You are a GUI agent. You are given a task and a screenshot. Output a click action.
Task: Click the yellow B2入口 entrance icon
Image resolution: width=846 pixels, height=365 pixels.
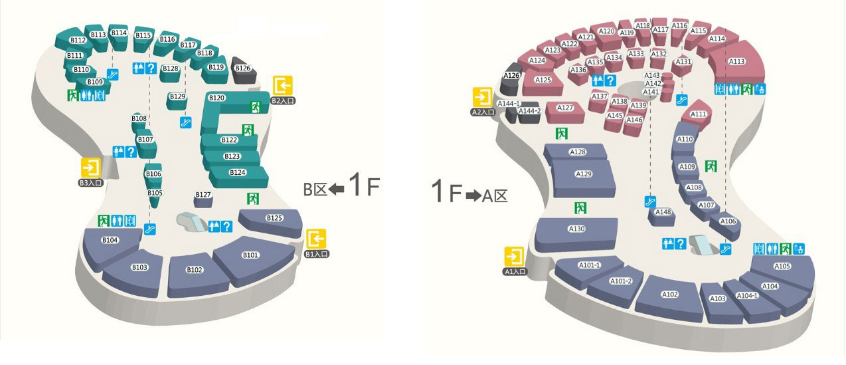point(283,86)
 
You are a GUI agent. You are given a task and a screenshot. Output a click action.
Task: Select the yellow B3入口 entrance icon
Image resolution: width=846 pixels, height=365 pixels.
point(91,167)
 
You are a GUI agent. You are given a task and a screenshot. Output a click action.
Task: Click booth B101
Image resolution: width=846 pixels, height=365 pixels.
point(250,255)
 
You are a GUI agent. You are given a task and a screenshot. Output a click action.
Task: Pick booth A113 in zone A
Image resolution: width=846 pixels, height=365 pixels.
point(737,61)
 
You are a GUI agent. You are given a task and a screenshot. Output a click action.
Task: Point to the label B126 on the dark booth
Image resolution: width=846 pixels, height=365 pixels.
point(243,68)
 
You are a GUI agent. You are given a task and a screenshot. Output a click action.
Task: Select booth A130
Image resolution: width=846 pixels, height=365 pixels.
point(576,229)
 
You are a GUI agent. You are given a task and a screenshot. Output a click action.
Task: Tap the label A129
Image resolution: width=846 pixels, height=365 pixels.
point(583,174)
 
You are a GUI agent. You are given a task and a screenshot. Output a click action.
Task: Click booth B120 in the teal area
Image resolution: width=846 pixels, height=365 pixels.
point(217,98)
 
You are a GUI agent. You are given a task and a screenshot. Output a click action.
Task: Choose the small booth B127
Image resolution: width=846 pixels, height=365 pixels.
point(203,195)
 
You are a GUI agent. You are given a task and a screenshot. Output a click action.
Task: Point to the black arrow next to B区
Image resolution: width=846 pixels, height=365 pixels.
point(337,189)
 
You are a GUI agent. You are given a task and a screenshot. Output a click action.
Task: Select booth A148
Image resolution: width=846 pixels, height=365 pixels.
point(663,212)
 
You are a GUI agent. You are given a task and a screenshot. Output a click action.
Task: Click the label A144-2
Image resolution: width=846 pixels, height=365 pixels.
point(530,111)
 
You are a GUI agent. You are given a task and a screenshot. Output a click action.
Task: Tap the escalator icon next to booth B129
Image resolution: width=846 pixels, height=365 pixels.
point(186,122)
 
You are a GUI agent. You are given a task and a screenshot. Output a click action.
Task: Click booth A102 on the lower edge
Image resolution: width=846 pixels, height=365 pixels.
point(669,295)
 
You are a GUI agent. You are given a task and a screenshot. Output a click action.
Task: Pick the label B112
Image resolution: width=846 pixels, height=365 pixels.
point(78,40)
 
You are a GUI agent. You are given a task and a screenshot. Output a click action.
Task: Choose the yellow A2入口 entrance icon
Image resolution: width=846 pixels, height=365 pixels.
point(482,97)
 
